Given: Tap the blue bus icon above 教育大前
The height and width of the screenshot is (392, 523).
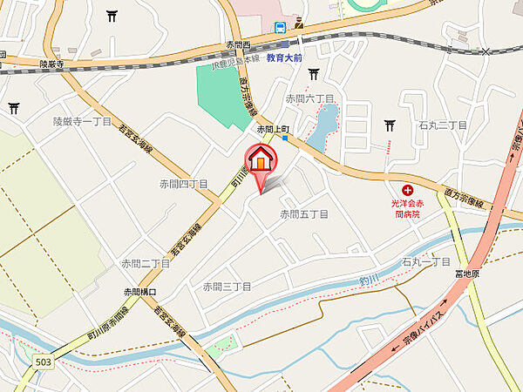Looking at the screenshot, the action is (x=282, y=28).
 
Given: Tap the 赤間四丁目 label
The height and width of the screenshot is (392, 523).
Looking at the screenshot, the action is (x=183, y=184).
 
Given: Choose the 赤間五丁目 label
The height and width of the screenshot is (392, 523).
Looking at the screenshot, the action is (x=303, y=213).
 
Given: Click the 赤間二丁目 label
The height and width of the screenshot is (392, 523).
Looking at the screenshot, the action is (x=146, y=262).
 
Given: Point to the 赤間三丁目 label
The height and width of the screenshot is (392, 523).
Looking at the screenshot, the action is (x=227, y=287).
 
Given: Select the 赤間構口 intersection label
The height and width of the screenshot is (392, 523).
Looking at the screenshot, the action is (x=139, y=292).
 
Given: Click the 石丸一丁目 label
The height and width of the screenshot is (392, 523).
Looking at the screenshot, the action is (x=425, y=261).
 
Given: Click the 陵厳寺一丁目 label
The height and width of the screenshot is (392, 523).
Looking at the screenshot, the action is (x=82, y=122).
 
